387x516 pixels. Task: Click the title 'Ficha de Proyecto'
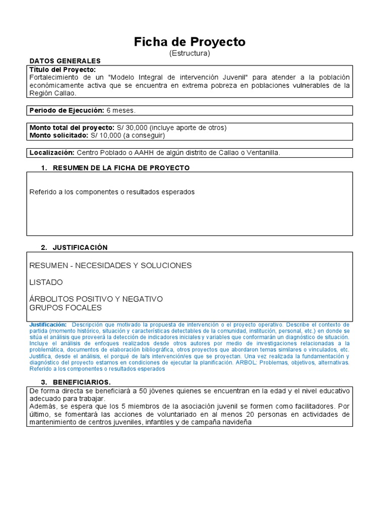point(189,42)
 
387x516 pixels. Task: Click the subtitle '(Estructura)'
point(189,53)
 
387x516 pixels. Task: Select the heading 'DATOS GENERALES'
point(65,61)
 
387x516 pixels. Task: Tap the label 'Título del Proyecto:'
point(62,69)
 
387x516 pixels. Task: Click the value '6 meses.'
point(121,110)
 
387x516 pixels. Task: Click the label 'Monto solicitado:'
point(58,135)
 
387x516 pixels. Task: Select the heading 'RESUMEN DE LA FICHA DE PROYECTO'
point(121,168)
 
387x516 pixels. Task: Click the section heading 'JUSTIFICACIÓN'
point(80,247)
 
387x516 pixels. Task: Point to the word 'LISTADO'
point(46,282)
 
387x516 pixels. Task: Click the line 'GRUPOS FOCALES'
point(66,307)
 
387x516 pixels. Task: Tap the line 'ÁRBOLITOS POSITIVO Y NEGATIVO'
point(96,299)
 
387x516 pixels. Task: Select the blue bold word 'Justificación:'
point(48,325)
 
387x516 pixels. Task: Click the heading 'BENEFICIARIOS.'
point(82,382)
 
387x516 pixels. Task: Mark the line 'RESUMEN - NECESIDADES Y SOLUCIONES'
point(110,265)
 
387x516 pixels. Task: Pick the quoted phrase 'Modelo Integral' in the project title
point(137,77)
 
